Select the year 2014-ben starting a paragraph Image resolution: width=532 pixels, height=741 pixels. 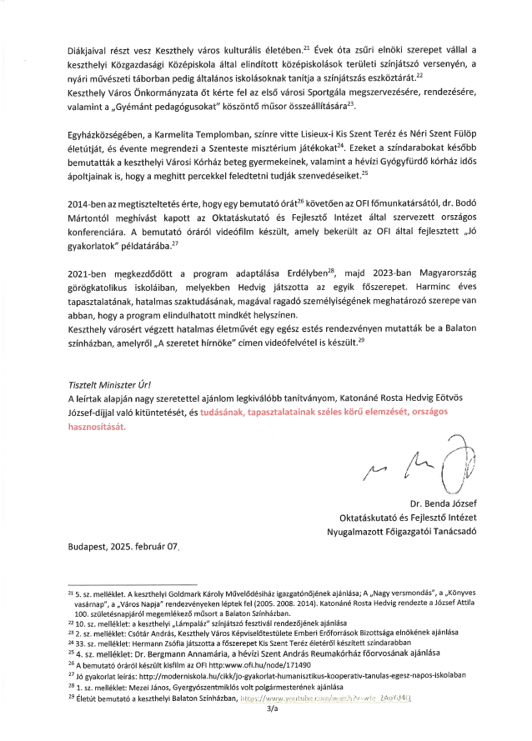pos(87,203)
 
